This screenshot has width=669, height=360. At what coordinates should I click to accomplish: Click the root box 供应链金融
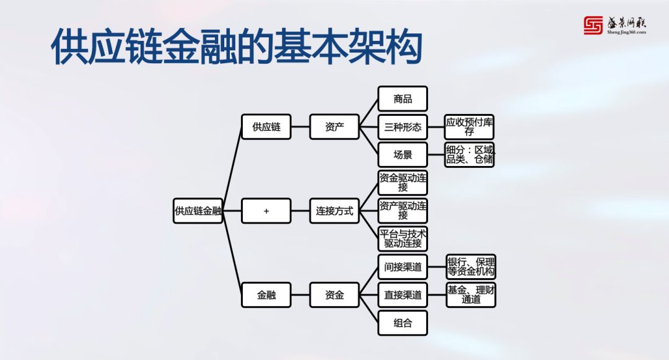(x=198, y=211)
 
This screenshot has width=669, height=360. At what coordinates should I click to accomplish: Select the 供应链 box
(x=266, y=127)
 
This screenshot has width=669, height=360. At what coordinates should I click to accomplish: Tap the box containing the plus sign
(x=266, y=211)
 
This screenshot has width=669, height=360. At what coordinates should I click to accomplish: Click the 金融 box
(x=266, y=295)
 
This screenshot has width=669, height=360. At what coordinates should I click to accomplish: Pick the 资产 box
(x=334, y=127)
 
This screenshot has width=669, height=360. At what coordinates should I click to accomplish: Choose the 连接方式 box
(x=334, y=211)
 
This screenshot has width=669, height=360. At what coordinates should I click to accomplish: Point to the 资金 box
(x=334, y=295)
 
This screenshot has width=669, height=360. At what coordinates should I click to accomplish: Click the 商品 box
(x=403, y=99)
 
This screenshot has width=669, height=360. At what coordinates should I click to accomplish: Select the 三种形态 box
(x=403, y=127)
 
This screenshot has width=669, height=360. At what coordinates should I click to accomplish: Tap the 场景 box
(x=403, y=155)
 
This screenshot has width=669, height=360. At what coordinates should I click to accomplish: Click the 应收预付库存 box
(x=470, y=127)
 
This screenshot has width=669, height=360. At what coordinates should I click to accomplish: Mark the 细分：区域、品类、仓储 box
(x=470, y=155)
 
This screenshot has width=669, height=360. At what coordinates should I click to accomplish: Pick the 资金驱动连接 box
(x=403, y=183)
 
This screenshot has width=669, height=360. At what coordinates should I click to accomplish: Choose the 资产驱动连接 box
(x=403, y=211)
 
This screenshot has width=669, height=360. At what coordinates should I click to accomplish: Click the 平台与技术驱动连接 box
(x=403, y=239)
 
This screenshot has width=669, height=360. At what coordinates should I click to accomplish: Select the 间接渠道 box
(x=403, y=267)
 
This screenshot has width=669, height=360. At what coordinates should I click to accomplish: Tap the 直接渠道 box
(x=403, y=295)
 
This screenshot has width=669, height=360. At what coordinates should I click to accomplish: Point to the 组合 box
(x=403, y=323)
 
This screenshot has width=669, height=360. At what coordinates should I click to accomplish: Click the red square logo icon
(x=593, y=25)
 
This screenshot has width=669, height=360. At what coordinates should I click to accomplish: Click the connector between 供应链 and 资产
(x=300, y=127)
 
